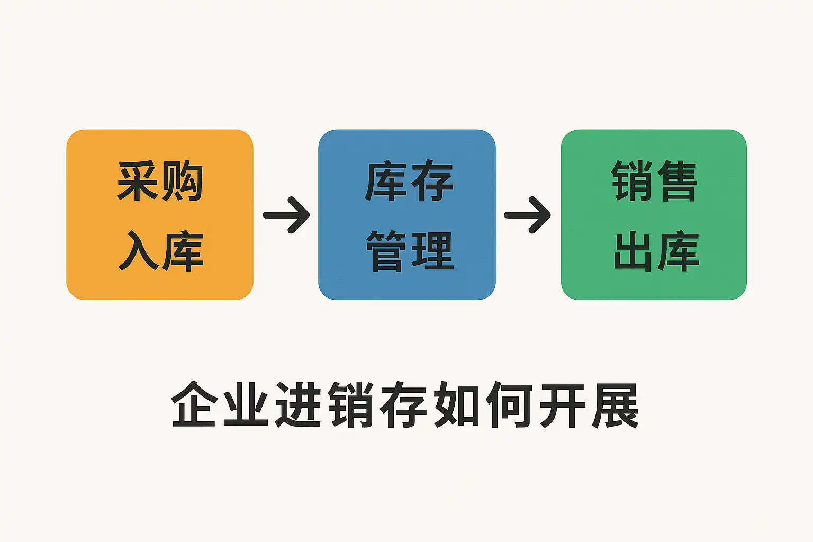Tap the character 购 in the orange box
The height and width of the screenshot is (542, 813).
coord(183,182)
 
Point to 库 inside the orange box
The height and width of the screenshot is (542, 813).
coord(183,251)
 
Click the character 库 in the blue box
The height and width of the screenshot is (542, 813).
coord(385,182)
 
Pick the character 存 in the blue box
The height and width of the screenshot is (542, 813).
coord(432,182)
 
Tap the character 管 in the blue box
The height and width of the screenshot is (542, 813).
coord(386,251)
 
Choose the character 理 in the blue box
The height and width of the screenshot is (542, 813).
coord(432,251)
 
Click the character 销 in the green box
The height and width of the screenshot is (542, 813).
coord(631,182)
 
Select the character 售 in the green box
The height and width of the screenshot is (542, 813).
coord(676,182)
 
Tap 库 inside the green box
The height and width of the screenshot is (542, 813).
coord(677,251)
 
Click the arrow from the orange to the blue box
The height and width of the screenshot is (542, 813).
coord(286,215)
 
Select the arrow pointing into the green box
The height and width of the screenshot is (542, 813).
coord(527,215)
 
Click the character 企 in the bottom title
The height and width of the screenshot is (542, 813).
coord(195,405)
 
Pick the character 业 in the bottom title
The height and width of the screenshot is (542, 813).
coord(246,405)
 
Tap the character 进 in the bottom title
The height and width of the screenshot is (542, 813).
coord(299,405)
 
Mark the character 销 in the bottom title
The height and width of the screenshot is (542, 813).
coord(351,405)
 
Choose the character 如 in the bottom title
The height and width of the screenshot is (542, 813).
coord(457,405)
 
